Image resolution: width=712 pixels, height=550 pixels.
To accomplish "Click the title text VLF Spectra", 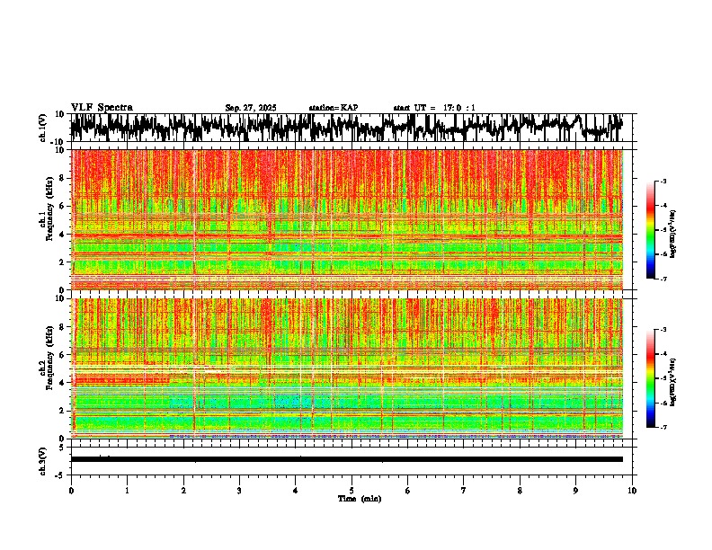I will [102, 107].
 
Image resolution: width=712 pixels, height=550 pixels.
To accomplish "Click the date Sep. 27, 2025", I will [251, 108].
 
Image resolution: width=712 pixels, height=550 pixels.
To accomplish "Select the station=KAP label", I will [333, 108].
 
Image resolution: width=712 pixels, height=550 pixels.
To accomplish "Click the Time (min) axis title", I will [352, 499].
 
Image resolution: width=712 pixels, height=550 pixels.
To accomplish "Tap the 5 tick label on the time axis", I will [352, 491].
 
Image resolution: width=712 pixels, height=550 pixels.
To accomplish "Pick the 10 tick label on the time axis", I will [632, 491].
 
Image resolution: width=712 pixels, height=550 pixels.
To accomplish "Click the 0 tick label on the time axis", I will [71, 491].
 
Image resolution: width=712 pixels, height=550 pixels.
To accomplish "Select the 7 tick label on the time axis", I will [464, 491].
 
